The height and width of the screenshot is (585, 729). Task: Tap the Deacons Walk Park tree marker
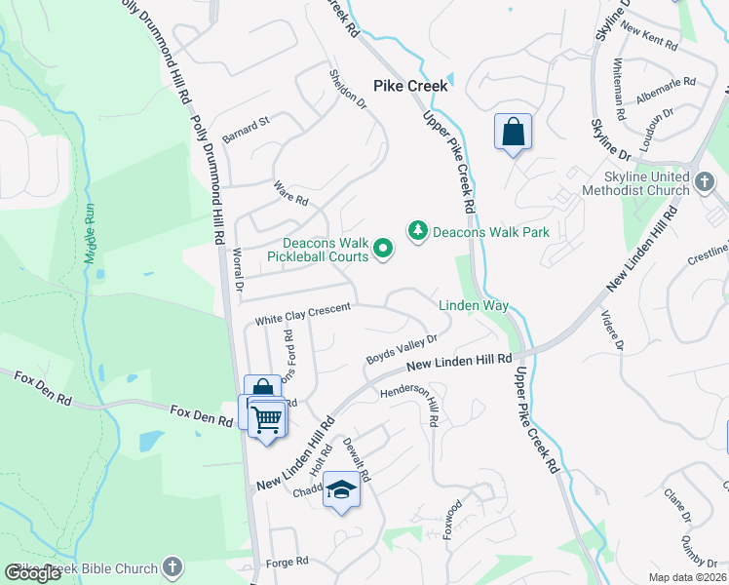[418, 231]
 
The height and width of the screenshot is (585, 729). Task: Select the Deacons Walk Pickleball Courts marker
[383, 251]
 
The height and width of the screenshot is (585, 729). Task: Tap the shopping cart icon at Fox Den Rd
[267, 419]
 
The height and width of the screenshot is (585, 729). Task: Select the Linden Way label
[474, 305]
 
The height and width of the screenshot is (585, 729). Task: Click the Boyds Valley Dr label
[401, 349]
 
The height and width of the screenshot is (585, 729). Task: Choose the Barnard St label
[244, 126]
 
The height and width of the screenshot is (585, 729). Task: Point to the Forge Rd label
[287, 562]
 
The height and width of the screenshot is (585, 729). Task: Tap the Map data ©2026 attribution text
[686, 577]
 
